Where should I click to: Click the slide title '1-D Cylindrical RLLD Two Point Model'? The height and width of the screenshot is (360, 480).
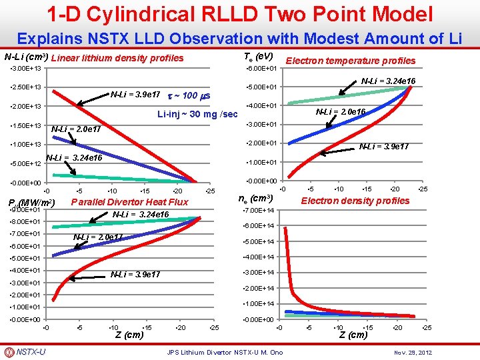pyautogui.click(x=239, y=14)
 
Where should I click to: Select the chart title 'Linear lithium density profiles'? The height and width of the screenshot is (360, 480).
pyautogui.click(x=117, y=58)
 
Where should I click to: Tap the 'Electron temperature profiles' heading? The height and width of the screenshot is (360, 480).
pyautogui.click(x=350, y=61)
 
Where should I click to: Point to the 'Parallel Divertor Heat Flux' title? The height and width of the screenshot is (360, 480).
pyautogui.click(x=129, y=202)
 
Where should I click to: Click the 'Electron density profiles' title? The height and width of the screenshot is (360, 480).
pyautogui.click(x=355, y=201)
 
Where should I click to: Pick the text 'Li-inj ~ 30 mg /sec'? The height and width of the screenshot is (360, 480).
pyautogui.click(x=197, y=114)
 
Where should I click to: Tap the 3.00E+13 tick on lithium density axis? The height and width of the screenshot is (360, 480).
pyautogui.click(x=25, y=69)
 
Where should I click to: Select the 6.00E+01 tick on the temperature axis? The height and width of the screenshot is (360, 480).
pyautogui.click(x=262, y=69)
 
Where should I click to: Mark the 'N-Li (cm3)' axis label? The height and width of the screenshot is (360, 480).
pyautogui.click(x=25, y=57)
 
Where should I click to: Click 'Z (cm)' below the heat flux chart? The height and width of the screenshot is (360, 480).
pyautogui.click(x=129, y=335)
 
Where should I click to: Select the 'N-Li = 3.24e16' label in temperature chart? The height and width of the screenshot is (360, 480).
pyautogui.click(x=388, y=81)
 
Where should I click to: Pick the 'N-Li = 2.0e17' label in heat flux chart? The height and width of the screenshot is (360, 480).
pyautogui.click(x=97, y=237)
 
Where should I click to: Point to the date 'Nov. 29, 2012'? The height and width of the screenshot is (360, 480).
pyautogui.click(x=414, y=352)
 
